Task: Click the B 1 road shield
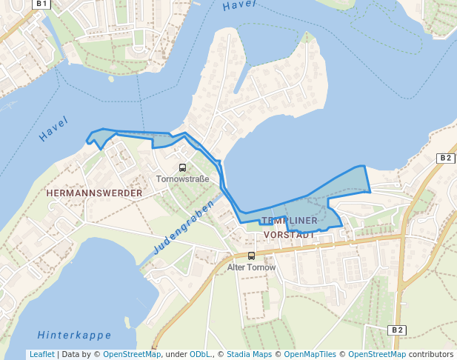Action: (42, 4)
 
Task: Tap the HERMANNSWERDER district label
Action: (94, 193)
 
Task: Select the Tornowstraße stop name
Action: (182, 179)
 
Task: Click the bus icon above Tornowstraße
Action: (183, 167)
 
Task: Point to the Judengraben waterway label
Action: (184, 226)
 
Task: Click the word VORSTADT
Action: (290, 234)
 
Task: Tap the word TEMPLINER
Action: (290, 221)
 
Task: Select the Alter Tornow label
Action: (251, 267)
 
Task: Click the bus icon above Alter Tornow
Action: (252, 256)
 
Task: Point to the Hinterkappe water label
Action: (74, 334)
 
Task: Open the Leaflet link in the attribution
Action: (41, 354)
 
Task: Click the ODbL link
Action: (200, 354)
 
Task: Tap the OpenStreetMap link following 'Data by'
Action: (131, 354)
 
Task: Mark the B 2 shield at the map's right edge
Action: (444, 158)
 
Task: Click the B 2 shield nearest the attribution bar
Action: (398, 330)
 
